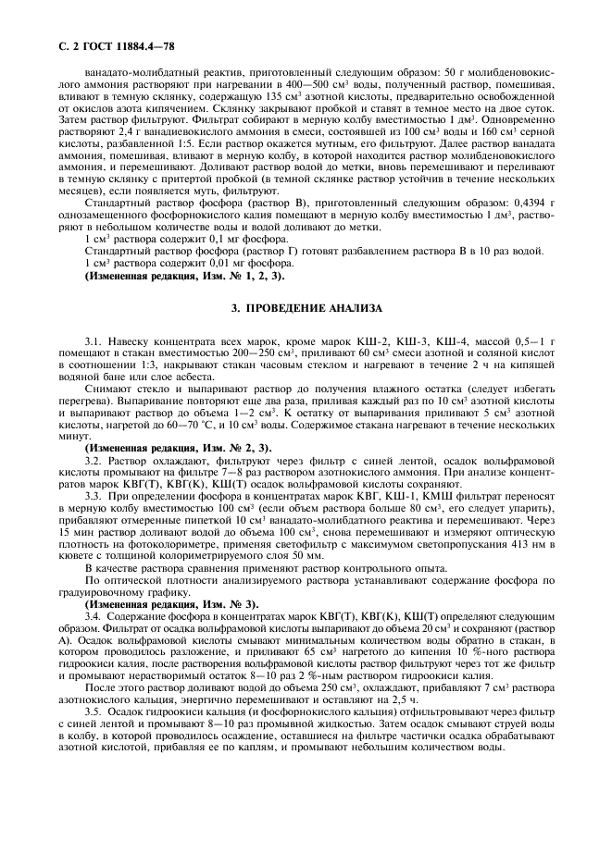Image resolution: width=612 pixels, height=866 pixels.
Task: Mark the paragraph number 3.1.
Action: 94,341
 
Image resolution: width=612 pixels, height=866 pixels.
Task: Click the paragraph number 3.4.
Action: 94,614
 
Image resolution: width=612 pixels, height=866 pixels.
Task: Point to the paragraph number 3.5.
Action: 94,711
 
